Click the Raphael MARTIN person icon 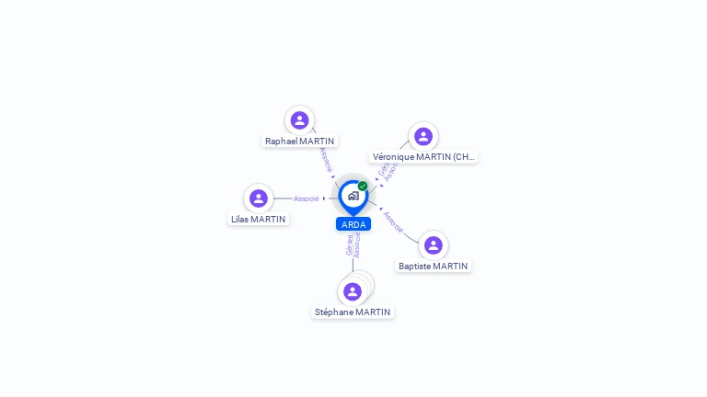pyautogui.click(x=299, y=120)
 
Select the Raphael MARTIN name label pyautogui.click(x=299, y=142)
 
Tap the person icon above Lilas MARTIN pyautogui.click(x=259, y=198)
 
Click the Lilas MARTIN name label pyautogui.click(x=258, y=219)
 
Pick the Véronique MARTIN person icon pyautogui.click(x=423, y=137)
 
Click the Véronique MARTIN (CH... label pyautogui.click(x=423, y=157)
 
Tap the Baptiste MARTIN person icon pyautogui.click(x=434, y=245)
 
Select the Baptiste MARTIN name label pyautogui.click(x=433, y=267)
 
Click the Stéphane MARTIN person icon pyautogui.click(x=353, y=292)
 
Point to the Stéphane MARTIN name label pyautogui.click(x=353, y=312)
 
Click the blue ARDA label pyautogui.click(x=353, y=224)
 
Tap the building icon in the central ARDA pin pyautogui.click(x=353, y=196)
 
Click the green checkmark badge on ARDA pyautogui.click(x=363, y=187)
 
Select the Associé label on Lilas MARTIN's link pyautogui.click(x=306, y=198)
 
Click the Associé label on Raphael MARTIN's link pyautogui.click(x=325, y=159)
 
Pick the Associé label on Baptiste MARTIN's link pyautogui.click(x=393, y=221)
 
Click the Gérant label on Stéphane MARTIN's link pyautogui.click(x=349, y=244)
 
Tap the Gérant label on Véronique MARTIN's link pyautogui.click(x=383, y=170)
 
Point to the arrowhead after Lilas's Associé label pyautogui.click(x=325, y=198)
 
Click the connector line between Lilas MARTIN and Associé pyautogui.click(x=283, y=198)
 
